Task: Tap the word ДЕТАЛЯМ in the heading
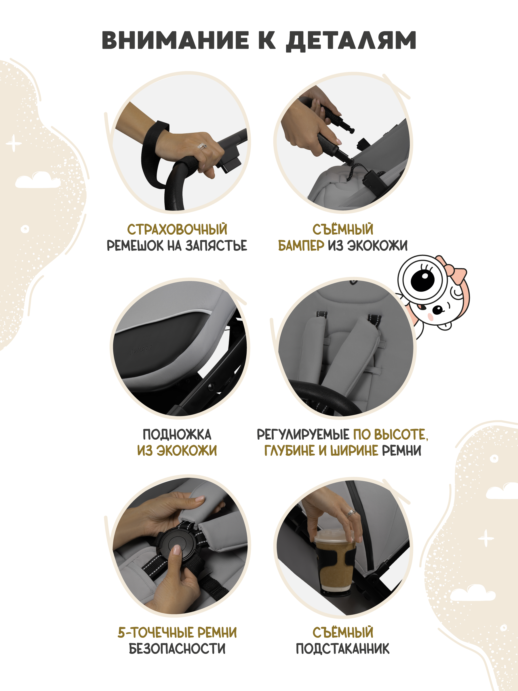[x=351, y=41]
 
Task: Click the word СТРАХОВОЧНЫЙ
[x=177, y=229]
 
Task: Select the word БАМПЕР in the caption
[x=301, y=246]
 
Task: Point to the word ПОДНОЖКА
[x=177, y=434]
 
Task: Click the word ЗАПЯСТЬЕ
[x=216, y=246]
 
